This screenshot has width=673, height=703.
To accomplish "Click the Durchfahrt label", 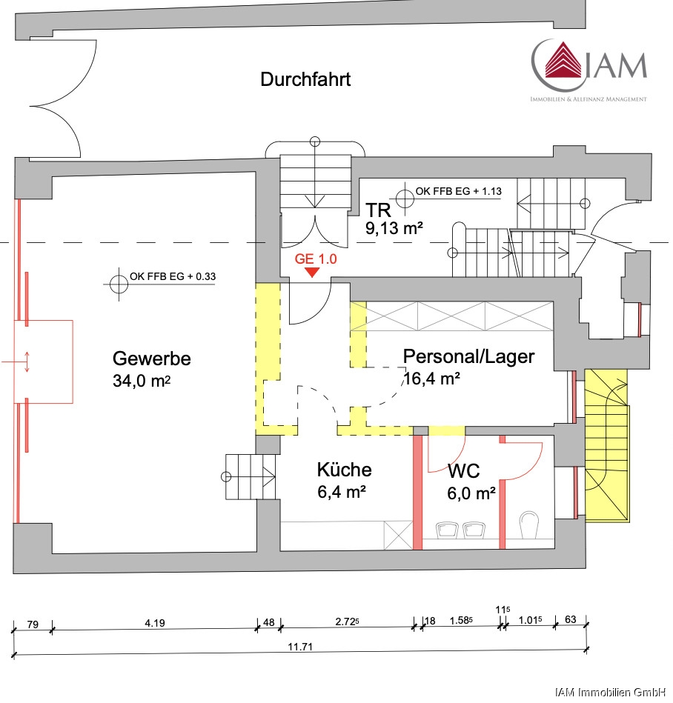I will tap(305, 80).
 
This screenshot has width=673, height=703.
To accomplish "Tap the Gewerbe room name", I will tap(151, 359).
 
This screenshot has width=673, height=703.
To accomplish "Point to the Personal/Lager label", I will tap(468, 356).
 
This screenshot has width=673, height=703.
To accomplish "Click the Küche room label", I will tap(344, 470).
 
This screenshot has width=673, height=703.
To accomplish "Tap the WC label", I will tap(463, 471).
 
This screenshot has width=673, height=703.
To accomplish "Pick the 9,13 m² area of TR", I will tap(394, 229).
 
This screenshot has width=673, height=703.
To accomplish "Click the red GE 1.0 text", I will tap(316, 259).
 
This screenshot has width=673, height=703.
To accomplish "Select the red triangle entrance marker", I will tap(313, 272).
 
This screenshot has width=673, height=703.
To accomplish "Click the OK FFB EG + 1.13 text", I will tap(459, 191).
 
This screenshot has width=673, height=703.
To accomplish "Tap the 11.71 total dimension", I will tap(298, 647).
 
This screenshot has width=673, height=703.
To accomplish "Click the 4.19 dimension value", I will tap(154, 623).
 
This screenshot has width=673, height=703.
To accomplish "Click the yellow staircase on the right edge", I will tap(606, 444).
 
